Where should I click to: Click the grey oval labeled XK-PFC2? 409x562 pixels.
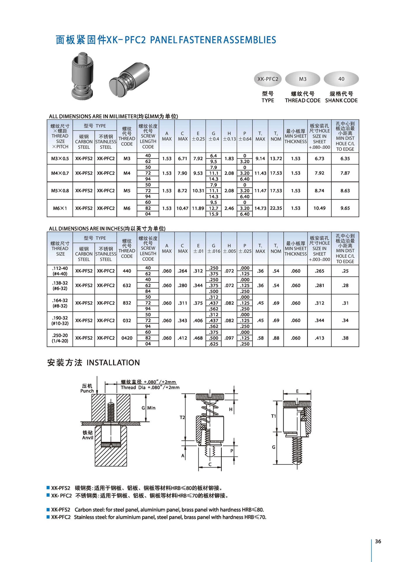pos(268,79)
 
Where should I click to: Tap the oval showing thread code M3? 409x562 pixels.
pos(303,79)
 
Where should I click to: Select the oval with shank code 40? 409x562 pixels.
pos(341,79)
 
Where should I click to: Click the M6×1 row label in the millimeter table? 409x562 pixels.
pos(60,208)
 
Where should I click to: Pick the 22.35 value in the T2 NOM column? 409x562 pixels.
pos(276,208)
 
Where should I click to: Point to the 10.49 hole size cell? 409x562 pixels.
pos(319,208)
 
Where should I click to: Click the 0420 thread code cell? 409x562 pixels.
pos(127,338)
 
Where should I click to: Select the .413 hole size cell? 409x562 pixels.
pos(319,338)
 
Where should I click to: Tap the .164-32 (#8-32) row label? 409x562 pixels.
pos(60,303)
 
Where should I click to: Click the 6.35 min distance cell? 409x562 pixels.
pos(345,158)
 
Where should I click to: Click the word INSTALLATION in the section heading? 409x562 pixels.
pos(113,362)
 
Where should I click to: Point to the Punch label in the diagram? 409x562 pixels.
pos(87,391)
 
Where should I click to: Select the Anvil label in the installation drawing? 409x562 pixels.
pos(88,437)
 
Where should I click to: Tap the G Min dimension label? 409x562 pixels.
pos(149,408)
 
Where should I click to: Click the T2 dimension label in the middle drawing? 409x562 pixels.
pos(182,418)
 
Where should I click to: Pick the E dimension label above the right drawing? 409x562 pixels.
pos(297,391)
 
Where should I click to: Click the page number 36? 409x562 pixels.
pos(378,541)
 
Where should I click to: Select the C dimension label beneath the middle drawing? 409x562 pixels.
pos(210,464)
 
